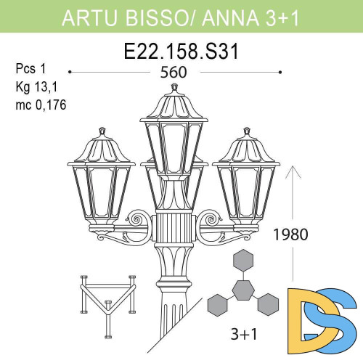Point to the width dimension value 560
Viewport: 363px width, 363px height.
tap(174, 73)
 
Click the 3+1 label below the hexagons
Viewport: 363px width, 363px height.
tap(240, 336)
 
